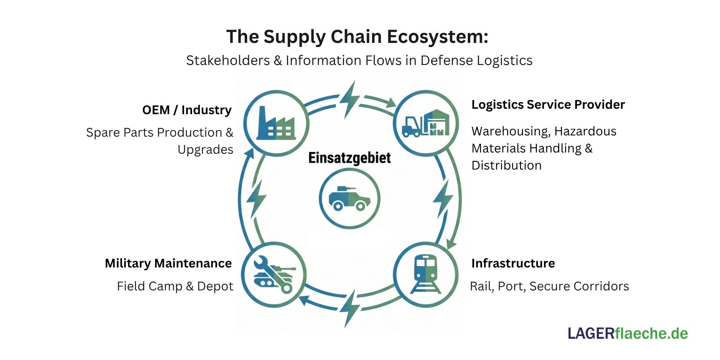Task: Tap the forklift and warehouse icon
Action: pyautogui.click(x=426, y=123)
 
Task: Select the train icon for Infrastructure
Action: pyautogui.click(x=425, y=274)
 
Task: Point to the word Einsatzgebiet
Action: pyautogui.click(x=350, y=158)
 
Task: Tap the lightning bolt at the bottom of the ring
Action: pyautogui.click(x=350, y=307)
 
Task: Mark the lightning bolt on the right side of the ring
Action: pyautogui.click(x=442, y=199)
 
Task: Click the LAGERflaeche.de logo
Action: pyautogui.click(x=627, y=333)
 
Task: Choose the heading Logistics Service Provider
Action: pyautogui.click(x=548, y=105)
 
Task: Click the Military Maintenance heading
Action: pyautogui.click(x=168, y=263)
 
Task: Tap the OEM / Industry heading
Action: pyautogui.click(x=187, y=110)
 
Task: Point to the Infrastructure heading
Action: pyautogui.click(x=513, y=263)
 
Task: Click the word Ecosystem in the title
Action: pyautogui.click(x=437, y=37)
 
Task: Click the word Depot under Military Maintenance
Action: pyautogui.click(x=215, y=286)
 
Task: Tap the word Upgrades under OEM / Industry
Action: pyautogui.click(x=205, y=150)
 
